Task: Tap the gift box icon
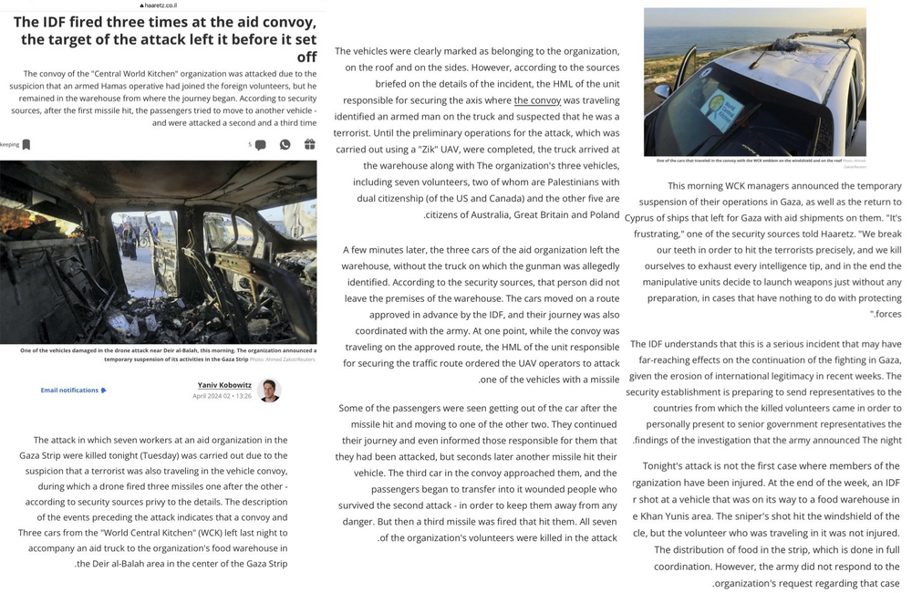[x=309, y=144]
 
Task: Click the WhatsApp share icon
[x=285, y=144]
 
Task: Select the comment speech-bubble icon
[x=260, y=145]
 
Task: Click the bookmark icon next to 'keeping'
[x=26, y=144]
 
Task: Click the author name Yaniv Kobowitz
[x=224, y=385]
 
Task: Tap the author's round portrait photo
[x=269, y=390]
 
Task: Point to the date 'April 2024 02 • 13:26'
[x=222, y=397]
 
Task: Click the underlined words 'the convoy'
[x=537, y=100]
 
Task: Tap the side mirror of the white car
[x=663, y=91]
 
